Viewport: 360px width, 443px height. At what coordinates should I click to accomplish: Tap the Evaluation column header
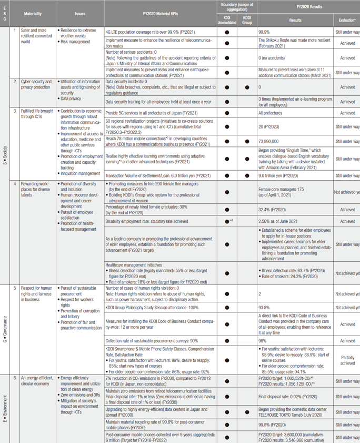coord(347,20)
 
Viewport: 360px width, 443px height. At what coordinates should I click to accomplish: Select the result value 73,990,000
coord(271,142)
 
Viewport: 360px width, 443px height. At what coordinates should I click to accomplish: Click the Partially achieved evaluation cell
coord(347,360)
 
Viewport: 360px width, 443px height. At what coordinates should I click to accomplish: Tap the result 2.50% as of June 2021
coord(282,222)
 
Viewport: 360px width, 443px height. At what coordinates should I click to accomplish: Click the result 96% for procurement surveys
coord(263,341)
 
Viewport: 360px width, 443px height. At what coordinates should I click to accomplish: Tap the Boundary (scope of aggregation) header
coord(236,6)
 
